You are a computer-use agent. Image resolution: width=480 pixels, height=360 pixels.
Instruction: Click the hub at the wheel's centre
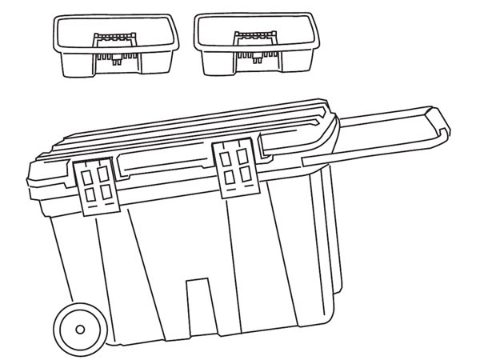(x=78, y=329)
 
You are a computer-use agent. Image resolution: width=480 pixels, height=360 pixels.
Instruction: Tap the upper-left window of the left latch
(x=87, y=174)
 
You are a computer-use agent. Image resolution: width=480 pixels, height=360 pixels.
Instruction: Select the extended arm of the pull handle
(x=384, y=132)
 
